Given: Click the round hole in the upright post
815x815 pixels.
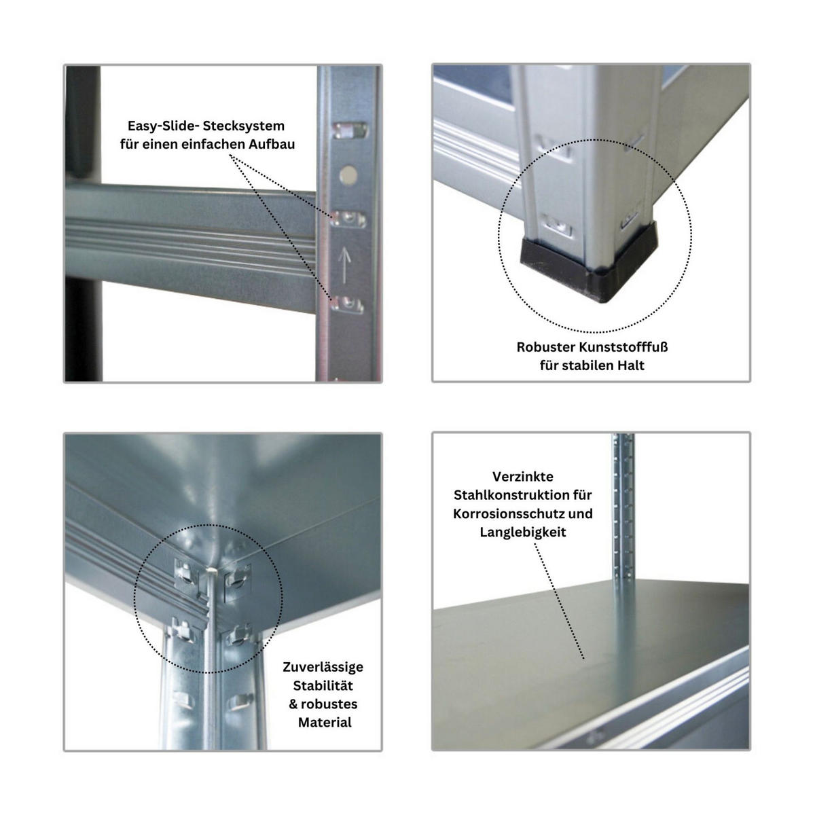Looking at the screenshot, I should point(348,175).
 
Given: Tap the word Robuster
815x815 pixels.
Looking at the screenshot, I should point(545,347).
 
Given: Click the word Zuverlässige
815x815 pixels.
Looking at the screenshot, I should point(323,667).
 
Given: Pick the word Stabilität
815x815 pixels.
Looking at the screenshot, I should point(323,685).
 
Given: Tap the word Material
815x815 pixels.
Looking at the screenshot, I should point(325,722).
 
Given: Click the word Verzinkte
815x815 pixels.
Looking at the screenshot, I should point(522,477).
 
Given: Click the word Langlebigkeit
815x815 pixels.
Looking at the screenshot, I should point(522,532).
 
